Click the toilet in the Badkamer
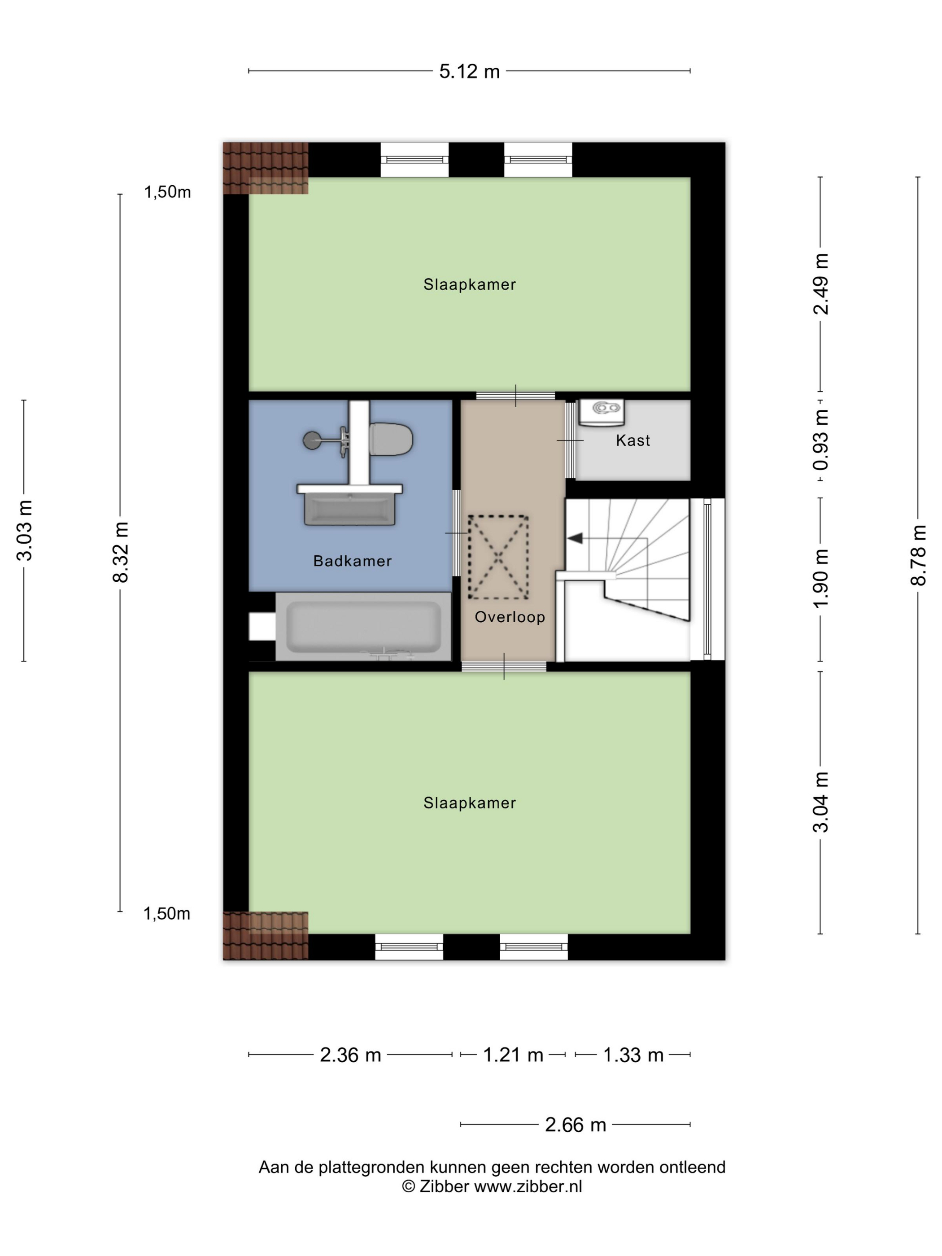(x=391, y=439)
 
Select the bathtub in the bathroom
(x=363, y=626)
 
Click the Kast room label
(x=632, y=440)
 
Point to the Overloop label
(x=510, y=617)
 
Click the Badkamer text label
(x=353, y=561)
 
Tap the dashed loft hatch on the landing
(x=498, y=557)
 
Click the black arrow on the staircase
(x=575, y=538)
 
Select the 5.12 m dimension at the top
(x=470, y=71)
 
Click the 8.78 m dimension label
(x=918, y=555)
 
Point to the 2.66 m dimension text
(x=575, y=1124)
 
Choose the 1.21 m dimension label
(x=513, y=1055)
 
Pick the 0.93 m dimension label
(x=821, y=440)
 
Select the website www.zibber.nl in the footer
(x=528, y=1186)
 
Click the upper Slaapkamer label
(x=470, y=284)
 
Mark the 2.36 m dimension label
(x=350, y=1055)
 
